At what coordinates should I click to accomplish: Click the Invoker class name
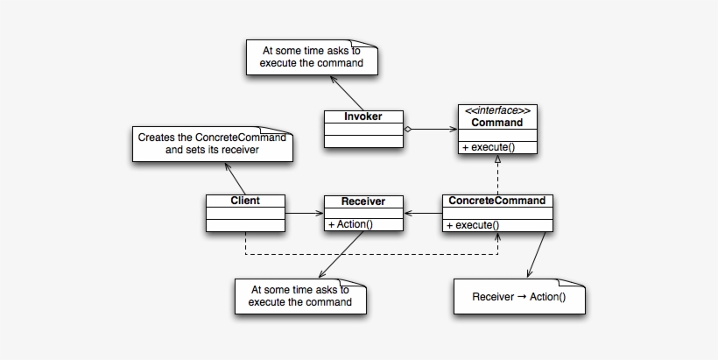(363, 116)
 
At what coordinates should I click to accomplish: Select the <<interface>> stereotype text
(496, 110)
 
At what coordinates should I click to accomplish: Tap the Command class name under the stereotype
(496, 123)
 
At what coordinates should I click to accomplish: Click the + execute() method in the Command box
(489, 146)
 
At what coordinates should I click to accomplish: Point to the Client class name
(245, 201)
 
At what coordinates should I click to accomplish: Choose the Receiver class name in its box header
(363, 201)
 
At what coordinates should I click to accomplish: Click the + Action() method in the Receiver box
(351, 224)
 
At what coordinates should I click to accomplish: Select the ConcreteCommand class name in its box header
(496, 201)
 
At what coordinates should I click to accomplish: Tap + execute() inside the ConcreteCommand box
(473, 225)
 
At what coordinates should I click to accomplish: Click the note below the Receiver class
(299, 295)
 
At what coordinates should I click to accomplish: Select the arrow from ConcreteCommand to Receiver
(424, 213)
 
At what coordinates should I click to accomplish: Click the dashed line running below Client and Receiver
(368, 256)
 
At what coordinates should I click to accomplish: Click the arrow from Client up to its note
(235, 178)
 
